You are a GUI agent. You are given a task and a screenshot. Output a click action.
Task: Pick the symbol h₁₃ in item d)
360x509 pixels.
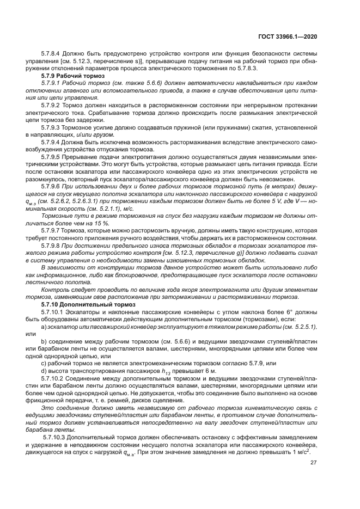pyautogui.click(x=157, y=371)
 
